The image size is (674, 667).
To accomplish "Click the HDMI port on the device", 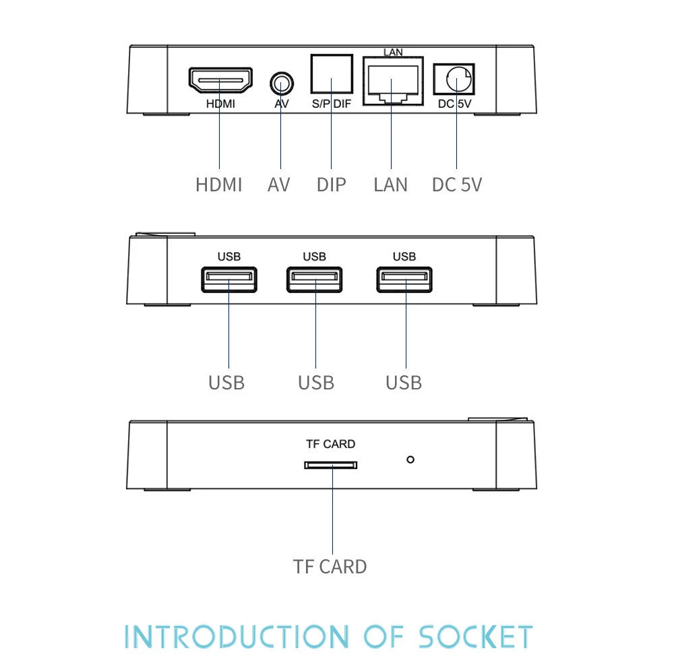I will tap(220, 81).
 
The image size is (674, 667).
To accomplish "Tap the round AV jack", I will tap(282, 84).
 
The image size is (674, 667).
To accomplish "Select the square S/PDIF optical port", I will tap(331, 74).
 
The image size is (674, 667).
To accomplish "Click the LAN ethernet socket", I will tap(393, 80).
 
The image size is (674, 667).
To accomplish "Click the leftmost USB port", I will tap(229, 280).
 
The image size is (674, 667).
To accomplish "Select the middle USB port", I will tap(314, 280).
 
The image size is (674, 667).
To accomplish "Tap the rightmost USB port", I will tap(404, 280).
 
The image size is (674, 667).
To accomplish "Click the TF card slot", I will tap(330, 465).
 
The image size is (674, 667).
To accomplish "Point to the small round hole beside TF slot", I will tap(410, 459).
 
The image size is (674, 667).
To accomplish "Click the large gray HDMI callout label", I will tap(218, 185).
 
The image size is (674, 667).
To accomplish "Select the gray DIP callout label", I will tap(331, 185).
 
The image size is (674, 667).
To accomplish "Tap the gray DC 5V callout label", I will tap(457, 185).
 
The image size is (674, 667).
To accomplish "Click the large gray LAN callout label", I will tap(391, 185).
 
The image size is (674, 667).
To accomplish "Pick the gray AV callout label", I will tap(278, 185).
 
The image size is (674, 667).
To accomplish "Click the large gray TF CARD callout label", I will tap(330, 567).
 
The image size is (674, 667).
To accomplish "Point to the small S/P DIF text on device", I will tap(331, 104).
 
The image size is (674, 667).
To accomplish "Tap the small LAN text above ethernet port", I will tap(393, 53).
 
